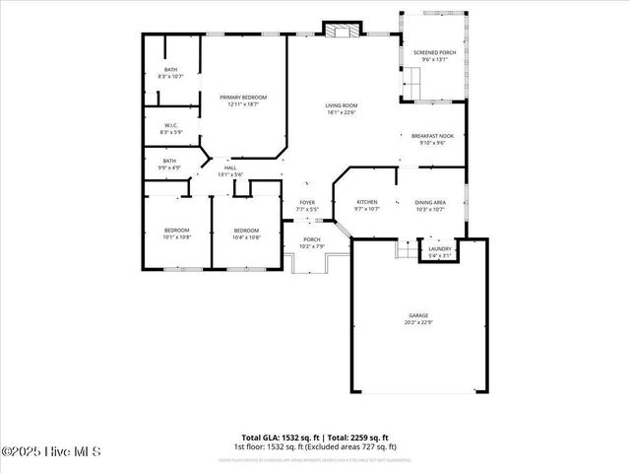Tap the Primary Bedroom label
click(243, 101)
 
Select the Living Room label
click(342, 108)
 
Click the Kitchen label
click(366, 204)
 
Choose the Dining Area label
click(430, 204)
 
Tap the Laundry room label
click(440, 251)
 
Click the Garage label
click(419, 318)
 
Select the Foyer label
click(307, 205)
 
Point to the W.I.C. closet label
click(170, 128)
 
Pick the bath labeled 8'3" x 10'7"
click(171, 72)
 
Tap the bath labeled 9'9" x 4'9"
click(169, 164)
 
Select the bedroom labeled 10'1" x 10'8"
click(176, 233)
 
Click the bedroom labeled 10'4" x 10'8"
click(246, 233)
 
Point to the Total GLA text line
click(315, 438)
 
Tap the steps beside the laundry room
click(407, 249)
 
